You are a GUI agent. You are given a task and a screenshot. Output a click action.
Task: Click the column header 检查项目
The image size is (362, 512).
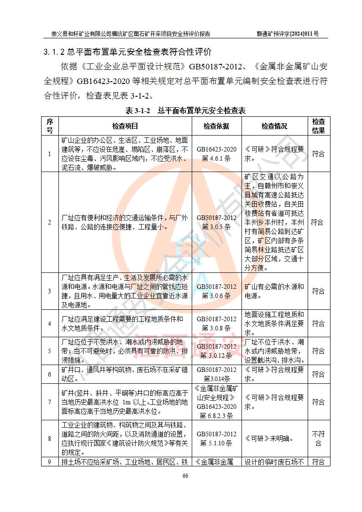click(x=125, y=126)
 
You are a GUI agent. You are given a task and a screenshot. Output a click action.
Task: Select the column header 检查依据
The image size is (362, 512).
click(x=216, y=126)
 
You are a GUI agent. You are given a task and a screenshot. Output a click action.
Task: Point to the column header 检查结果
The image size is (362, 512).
click(x=318, y=126)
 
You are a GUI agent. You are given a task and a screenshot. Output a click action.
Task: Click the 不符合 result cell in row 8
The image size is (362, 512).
click(x=318, y=439)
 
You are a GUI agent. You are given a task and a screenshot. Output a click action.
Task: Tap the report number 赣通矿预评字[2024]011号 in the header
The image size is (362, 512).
click(x=288, y=34)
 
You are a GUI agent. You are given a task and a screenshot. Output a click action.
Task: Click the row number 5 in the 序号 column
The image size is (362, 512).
click(x=50, y=351)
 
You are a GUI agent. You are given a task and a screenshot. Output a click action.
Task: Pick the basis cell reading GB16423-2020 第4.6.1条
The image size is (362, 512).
click(x=216, y=154)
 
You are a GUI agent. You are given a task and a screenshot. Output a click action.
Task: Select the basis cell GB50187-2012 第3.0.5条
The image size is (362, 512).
click(x=216, y=222)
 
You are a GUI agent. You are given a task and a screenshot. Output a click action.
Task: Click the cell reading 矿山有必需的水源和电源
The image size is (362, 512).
click(x=274, y=291)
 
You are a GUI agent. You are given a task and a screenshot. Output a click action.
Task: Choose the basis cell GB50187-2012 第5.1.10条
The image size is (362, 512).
click(x=216, y=439)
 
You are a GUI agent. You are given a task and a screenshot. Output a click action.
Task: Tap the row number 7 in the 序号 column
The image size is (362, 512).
click(x=50, y=402)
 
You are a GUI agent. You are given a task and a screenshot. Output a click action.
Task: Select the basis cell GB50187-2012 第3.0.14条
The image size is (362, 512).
click(x=216, y=374)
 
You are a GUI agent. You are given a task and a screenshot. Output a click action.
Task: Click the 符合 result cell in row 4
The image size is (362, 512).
click(x=318, y=324)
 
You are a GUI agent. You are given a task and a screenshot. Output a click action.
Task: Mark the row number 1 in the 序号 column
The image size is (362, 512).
click(x=50, y=154)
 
